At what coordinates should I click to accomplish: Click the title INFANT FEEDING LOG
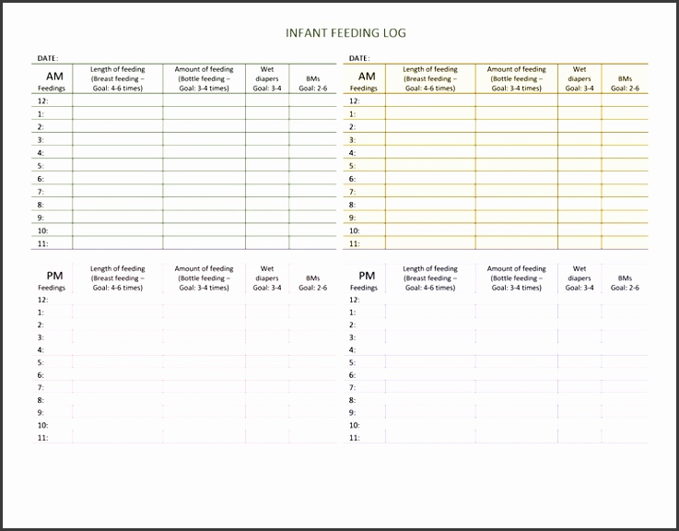point(345,33)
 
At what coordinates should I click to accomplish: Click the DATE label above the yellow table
point(359,58)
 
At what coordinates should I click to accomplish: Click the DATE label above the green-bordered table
point(47,58)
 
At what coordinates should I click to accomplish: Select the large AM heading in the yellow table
point(367,77)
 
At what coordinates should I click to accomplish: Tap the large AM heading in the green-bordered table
point(54,77)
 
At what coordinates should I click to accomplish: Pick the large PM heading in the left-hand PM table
point(54,276)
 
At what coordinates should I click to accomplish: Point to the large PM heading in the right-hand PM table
point(367,276)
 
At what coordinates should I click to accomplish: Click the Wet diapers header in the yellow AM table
point(579,78)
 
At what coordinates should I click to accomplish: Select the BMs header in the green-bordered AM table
point(314,84)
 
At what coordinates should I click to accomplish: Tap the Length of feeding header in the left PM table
point(117,278)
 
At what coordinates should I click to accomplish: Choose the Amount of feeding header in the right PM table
point(516,278)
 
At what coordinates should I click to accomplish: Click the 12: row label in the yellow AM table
point(355,101)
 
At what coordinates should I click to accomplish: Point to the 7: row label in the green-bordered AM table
point(41,192)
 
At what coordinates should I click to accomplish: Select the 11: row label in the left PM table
point(42,438)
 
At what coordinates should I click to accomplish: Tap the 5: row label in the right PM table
point(352,362)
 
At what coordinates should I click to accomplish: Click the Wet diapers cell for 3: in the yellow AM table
point(579,140)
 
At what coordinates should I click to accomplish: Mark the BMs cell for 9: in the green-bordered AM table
point(314,218)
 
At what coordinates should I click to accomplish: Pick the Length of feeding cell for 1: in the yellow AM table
point(430,114)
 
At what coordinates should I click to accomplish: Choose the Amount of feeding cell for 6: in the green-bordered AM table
point(204,179)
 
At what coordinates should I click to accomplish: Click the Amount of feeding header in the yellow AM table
point(516,78)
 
